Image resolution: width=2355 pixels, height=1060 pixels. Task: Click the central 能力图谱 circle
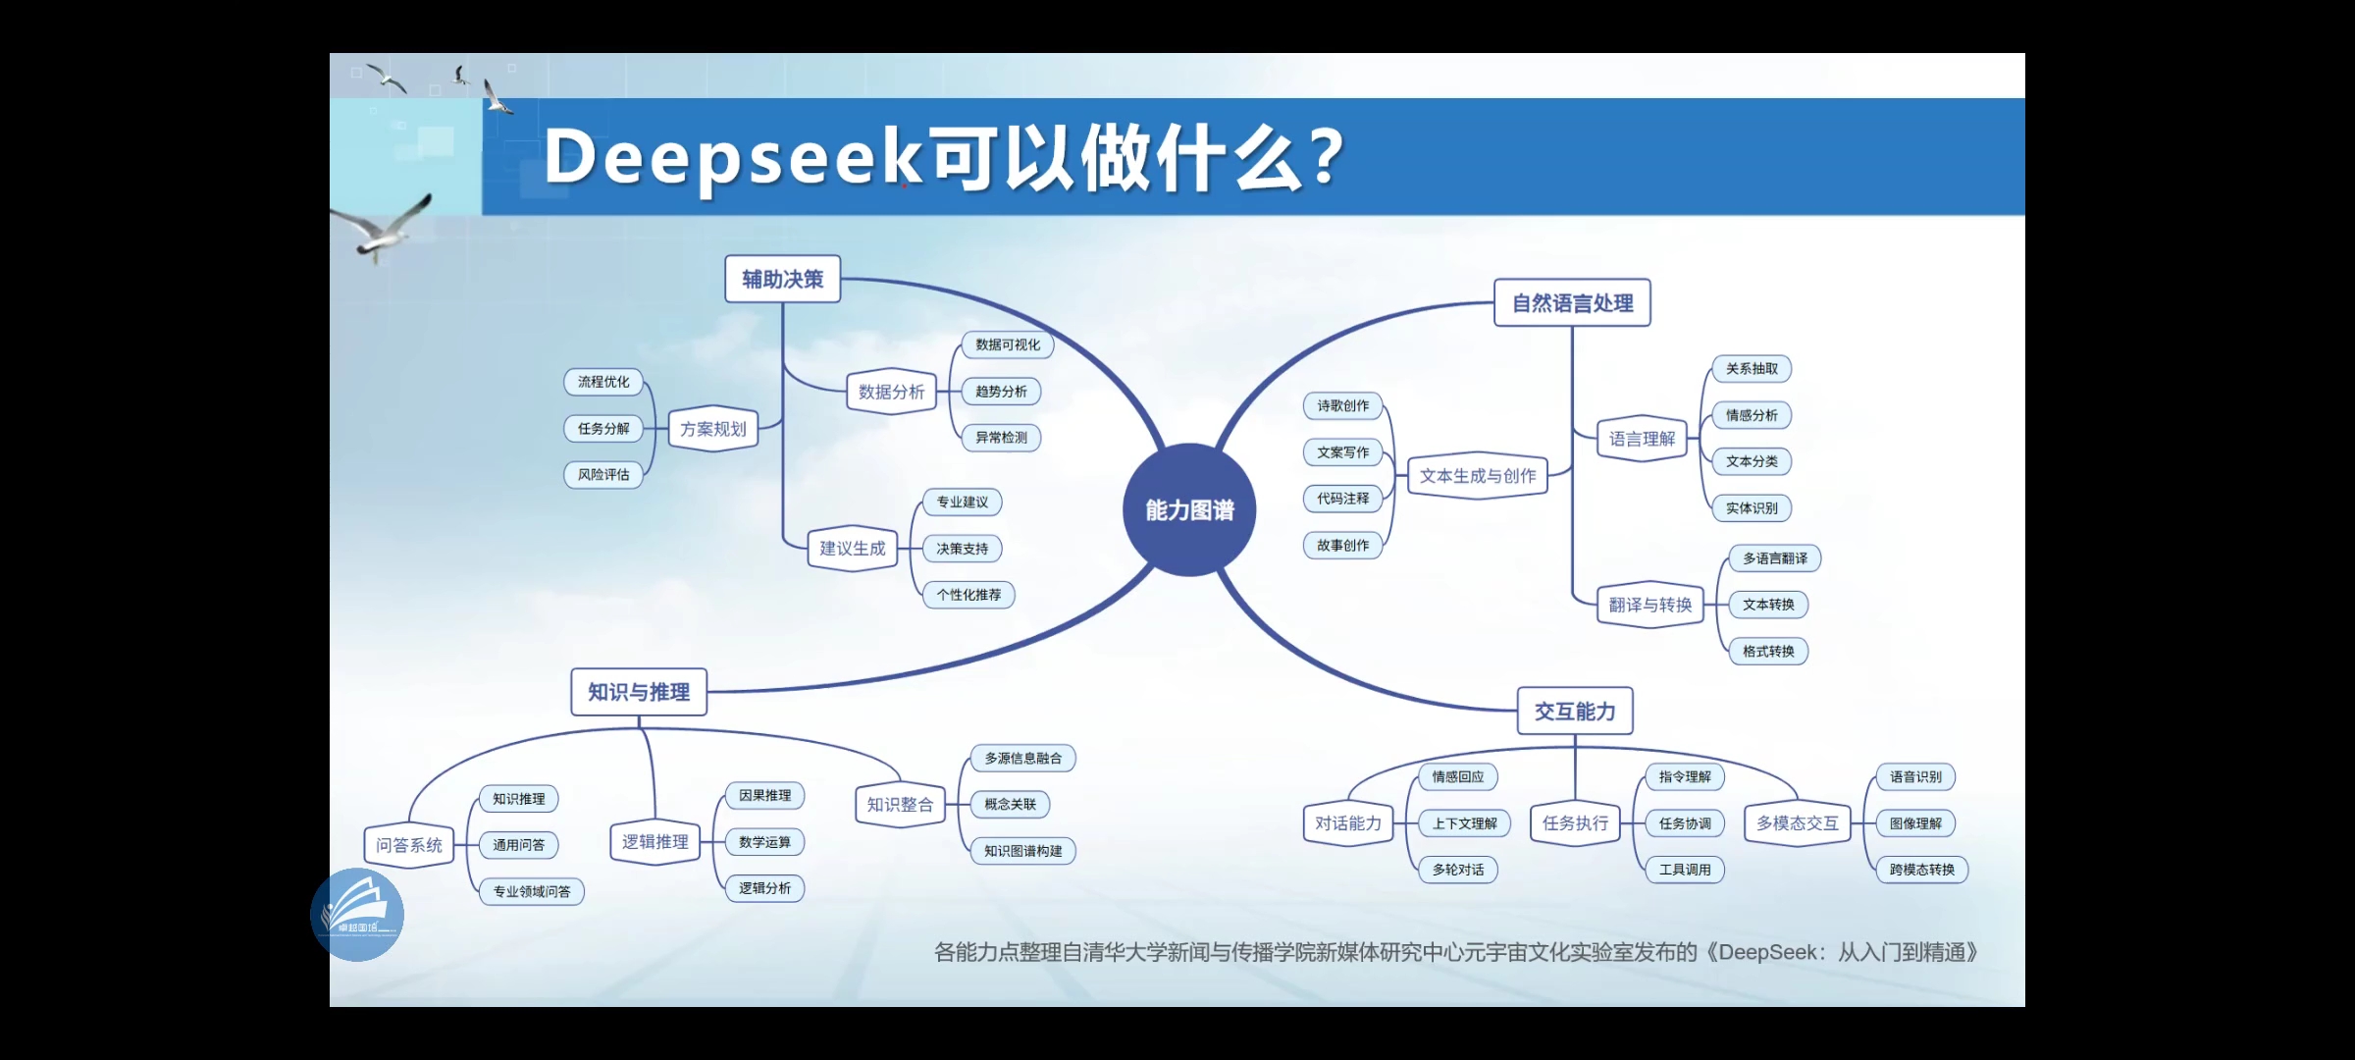coord(1189,509)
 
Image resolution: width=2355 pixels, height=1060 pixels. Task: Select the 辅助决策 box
coord(782,280)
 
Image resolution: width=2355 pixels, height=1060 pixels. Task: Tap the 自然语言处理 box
coord(1572,303)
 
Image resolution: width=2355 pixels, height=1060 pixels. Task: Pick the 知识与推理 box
coord(639,692)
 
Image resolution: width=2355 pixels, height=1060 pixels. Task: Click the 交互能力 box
coord(1575,711)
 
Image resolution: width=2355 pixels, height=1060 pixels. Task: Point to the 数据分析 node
coord(891,392)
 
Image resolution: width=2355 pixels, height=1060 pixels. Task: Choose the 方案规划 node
coord(713,429)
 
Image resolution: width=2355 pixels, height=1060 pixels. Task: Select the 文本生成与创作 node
coord(1478,476)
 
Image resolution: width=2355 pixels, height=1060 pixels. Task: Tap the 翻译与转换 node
coord(1650,605)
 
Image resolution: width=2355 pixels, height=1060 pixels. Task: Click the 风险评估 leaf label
coord(603,475)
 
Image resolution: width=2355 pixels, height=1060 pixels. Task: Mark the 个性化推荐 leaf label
coord(968,595)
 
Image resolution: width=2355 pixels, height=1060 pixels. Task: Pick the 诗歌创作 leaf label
coord(1342,405)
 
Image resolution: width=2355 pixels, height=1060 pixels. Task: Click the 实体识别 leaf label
coord(1752,508)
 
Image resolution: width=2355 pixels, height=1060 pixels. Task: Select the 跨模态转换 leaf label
coord(1921,870)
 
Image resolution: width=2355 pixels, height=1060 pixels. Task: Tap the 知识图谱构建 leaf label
coord(1022,851)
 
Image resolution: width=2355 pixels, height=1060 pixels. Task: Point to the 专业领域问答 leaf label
coord(531,891)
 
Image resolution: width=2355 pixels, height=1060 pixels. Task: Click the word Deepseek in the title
coord(732,158)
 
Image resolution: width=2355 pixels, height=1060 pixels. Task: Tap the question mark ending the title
coord(1327,157)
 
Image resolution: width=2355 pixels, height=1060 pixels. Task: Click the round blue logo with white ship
coord(357,915)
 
